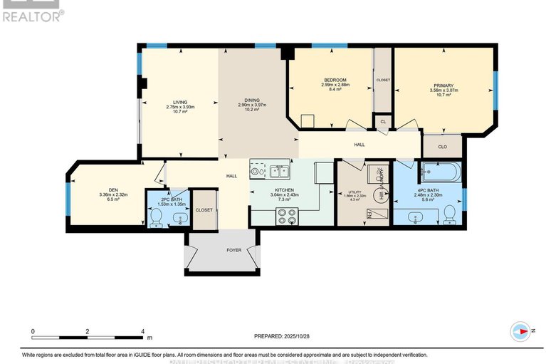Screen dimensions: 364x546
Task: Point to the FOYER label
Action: pyautogui.click(x=233, y=250)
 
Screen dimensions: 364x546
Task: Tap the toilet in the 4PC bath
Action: pyautogui.click(x=448, y=214)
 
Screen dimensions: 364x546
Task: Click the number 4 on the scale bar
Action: pyautogui.click(x=143, y=332)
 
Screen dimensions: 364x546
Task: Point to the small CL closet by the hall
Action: pyautogui.click(x=382, y=123)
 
